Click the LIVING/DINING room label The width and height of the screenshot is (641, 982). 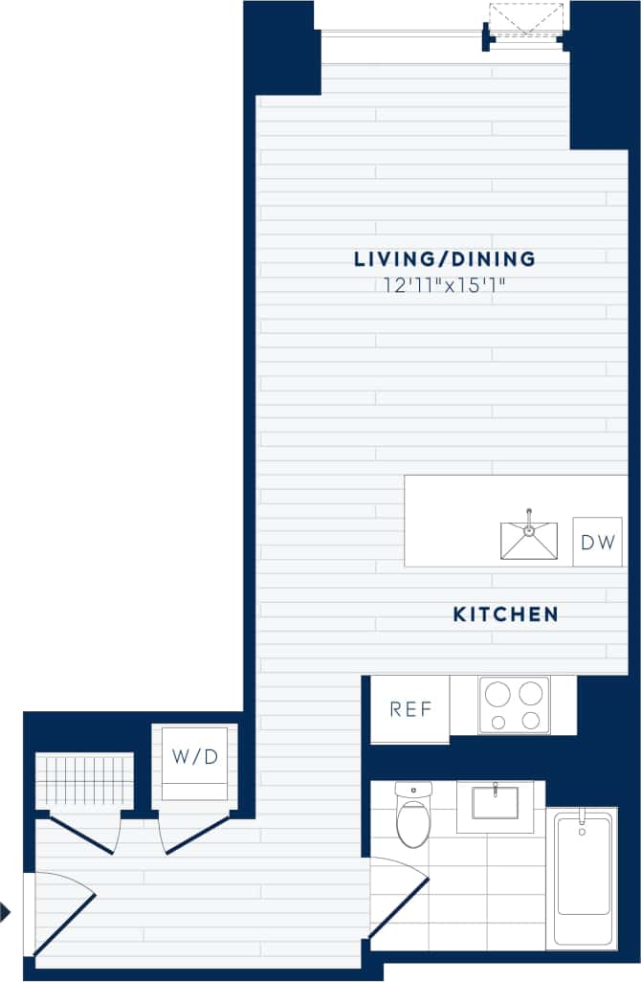point(444,258)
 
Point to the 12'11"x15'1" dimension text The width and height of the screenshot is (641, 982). point(444,284)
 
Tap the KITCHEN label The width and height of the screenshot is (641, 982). point(505,614)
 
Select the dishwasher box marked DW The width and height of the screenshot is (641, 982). point(597,542)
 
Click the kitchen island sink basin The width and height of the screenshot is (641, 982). point(529,542)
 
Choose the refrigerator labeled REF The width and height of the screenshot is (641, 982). point(410,709)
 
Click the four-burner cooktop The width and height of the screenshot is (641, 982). point(514,705)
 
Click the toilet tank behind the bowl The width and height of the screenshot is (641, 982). point(413,791)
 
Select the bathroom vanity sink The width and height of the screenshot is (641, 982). point(495,803)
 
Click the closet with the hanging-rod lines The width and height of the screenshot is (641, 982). point(84,781)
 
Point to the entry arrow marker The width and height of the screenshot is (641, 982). point(6,912)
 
